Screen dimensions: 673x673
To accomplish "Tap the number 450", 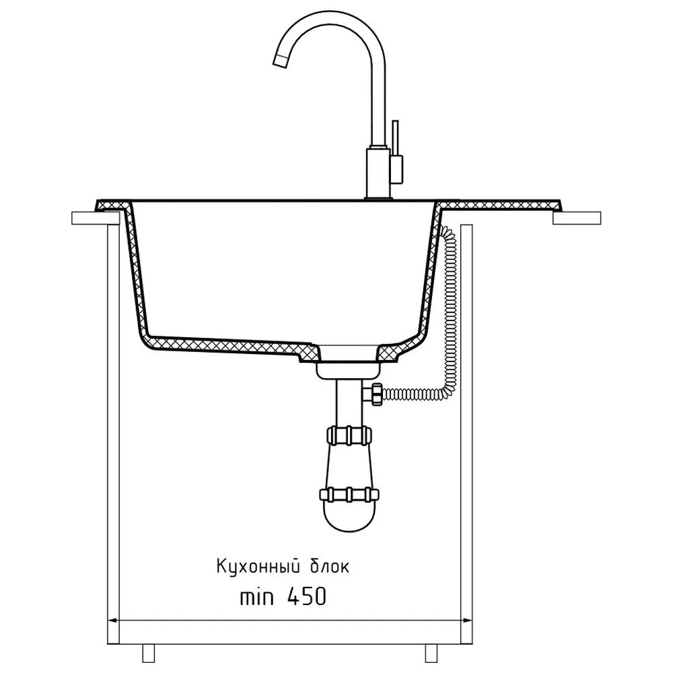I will (x=306, y=596).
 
